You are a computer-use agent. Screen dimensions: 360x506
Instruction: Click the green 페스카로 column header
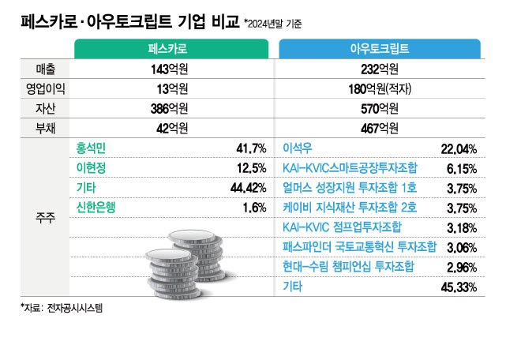[x=172, y=49]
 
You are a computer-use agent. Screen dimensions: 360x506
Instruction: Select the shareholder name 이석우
[x=298, y=148]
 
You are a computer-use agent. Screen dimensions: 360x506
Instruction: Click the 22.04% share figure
[x=458, y=148]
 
